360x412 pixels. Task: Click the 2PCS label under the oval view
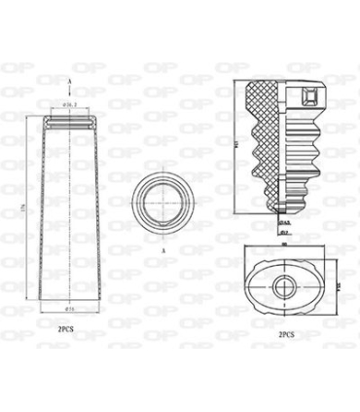point(286,333)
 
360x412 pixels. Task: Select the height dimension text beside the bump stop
point(236,143)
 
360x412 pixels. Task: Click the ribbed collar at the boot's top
point(71,123)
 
